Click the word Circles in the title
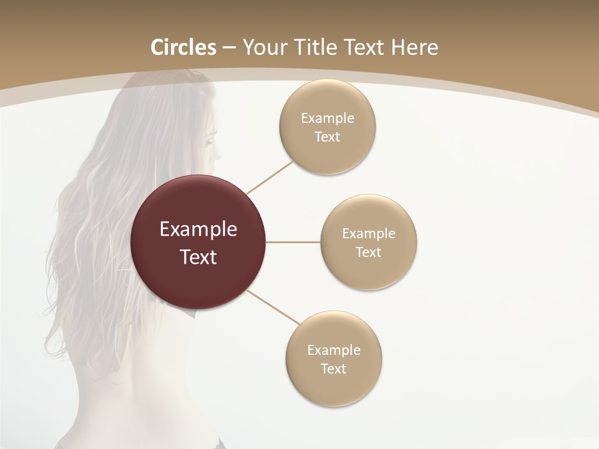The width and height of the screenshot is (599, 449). pos(183,47)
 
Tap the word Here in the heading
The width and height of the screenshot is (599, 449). pos(415,47)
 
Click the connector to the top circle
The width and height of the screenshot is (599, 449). pos(270,178)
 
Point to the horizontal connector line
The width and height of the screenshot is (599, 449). pos(293,242)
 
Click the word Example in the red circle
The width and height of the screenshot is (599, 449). pos(198,229)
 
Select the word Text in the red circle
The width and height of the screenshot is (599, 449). pos(198,257)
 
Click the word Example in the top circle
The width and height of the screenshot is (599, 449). pos(328,118)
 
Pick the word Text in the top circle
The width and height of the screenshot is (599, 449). pos(327,137)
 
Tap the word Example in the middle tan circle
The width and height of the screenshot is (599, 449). pos(369,234)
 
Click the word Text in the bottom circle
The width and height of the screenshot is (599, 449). pos(333,369)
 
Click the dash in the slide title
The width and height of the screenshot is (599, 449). pos(229,48)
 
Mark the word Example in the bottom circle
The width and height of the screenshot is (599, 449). pos(334,350)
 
